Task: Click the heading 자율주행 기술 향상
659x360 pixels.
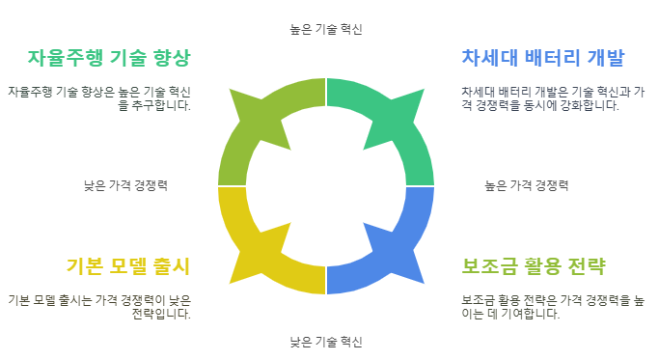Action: pos(109,56)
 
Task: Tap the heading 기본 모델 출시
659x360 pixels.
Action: pos(128,265)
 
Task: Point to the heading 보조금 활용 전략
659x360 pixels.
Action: pos(534,265)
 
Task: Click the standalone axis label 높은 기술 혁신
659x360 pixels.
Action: pos(326,29)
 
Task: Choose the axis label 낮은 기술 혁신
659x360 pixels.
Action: pos(326,342)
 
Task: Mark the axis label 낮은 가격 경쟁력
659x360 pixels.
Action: pos(125,185)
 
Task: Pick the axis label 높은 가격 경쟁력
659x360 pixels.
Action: pos(526,185)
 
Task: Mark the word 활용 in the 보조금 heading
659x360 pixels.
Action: pos(534,265)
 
